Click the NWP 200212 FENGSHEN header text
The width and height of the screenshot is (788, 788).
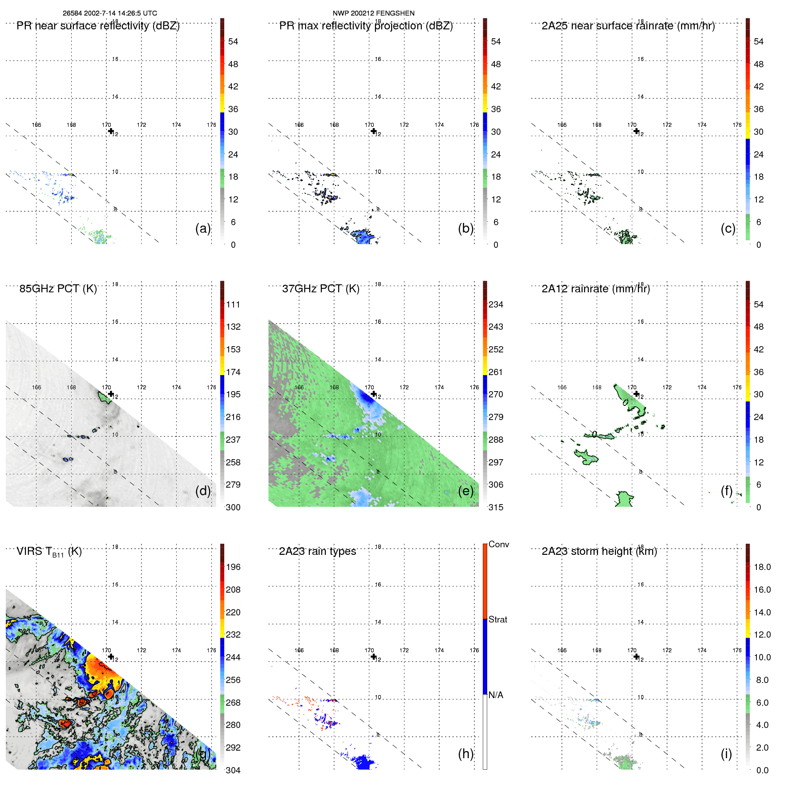[x=373, y=13]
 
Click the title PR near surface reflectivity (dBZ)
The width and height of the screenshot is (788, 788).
[x=98, y=26]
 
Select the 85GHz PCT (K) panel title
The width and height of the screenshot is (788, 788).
[x=58, y=289]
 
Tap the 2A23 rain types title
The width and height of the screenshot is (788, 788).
[x=317, y=551]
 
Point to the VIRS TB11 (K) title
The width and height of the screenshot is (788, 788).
[x=49, y=552]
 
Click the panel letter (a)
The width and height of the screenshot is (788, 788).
[x=202, y=228]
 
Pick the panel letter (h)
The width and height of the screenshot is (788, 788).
[x=465, y=753]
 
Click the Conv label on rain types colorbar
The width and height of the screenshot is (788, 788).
[x=498, y=544]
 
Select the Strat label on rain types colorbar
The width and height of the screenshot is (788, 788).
[x=497, y=619]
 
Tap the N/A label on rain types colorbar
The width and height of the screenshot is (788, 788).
[x=496, y=695]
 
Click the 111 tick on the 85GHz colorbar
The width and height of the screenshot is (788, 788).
[x=233, y=304]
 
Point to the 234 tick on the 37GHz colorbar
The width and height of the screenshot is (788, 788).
[x=496, y=304]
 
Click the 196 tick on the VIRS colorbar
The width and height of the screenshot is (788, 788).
[x=233, y=567]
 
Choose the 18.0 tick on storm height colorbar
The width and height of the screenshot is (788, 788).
[x=762, y=567]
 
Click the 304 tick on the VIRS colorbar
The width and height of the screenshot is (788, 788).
[x=233, y=770]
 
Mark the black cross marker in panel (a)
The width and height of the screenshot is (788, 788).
[x=111, y=131]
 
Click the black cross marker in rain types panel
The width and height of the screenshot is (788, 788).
[x=373, y=657]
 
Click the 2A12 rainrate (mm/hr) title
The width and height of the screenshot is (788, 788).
[x=595, y=289]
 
